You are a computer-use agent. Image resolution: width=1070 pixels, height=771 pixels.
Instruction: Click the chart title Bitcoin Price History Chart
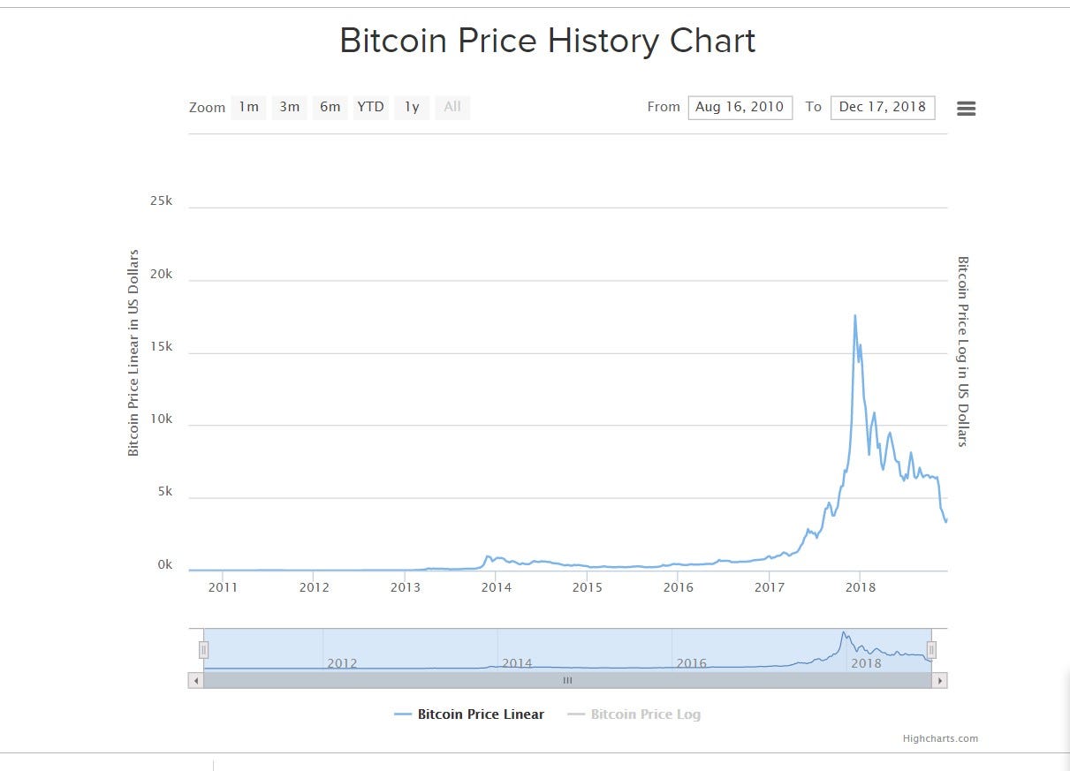pos(547,42)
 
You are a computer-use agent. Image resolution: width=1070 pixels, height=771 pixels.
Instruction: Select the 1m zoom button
pos(248,107)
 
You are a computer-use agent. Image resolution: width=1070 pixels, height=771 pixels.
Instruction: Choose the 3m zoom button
pos(289,107)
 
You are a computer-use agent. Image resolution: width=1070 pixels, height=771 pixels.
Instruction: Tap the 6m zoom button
pos(330,107)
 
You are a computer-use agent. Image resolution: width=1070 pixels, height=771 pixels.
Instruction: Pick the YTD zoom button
pos(370,107)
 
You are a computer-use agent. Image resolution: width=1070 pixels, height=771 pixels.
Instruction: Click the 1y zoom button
pos(412,107)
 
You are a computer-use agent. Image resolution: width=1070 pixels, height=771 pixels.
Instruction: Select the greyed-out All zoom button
pos(452,107)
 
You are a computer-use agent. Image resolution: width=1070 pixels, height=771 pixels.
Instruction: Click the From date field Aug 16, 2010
pos(740,107)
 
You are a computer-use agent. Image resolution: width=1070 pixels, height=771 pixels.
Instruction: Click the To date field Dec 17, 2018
pos(882,107)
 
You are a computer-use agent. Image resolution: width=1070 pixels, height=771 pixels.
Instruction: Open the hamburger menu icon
pos(966,109)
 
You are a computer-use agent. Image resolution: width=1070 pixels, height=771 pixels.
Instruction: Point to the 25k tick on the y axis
pos(161,201)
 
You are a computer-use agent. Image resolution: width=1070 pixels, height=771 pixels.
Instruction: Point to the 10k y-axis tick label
pos(161,419)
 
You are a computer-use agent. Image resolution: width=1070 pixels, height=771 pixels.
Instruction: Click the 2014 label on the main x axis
pos(496,586)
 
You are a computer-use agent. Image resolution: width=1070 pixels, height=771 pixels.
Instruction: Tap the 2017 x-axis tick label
pos(769,586)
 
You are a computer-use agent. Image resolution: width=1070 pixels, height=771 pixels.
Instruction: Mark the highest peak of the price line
pos(854,315)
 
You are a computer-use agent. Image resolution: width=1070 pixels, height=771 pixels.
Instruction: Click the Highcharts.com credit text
pos(940,738)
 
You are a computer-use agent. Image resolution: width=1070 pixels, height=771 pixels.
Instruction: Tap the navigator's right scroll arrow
pos(940,681)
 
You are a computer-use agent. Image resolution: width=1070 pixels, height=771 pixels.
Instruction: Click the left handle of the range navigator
pos(203,650)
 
